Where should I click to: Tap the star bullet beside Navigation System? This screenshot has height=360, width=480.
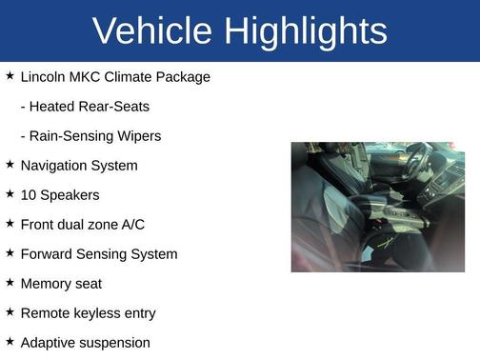click(x=10, y=165)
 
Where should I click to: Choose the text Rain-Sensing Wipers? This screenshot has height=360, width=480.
click(x=90, y=135)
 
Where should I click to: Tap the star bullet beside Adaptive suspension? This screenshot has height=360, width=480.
click(x=10, y=341)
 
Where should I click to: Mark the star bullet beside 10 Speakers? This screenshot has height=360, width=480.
click(x=10, y=193)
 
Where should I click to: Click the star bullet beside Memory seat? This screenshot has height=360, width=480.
click(x=10, y=282)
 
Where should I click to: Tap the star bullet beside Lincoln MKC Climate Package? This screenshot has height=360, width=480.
click(x=10, y=75)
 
